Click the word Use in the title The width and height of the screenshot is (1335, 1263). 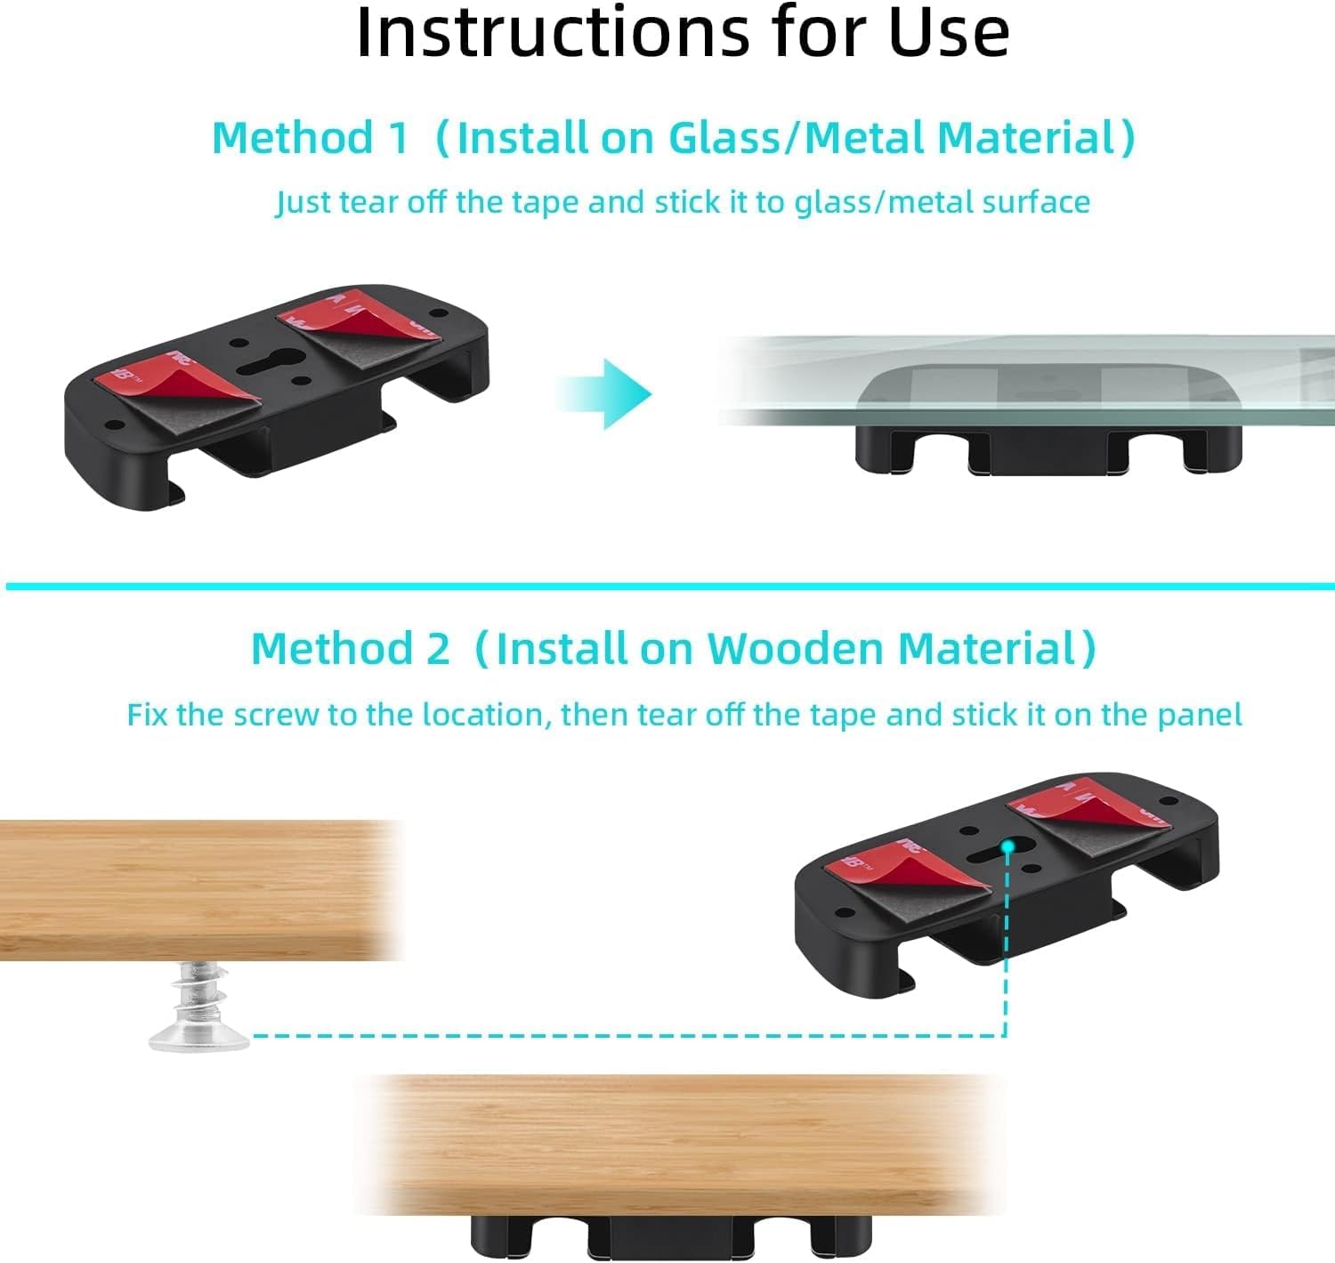pos(949,33)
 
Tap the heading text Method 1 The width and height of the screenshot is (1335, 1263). pos(310,138)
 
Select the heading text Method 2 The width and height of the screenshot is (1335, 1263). pos(351,648)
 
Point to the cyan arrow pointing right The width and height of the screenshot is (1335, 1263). pos(607,393)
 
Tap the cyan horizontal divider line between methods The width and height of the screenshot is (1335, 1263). pos(667,586)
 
